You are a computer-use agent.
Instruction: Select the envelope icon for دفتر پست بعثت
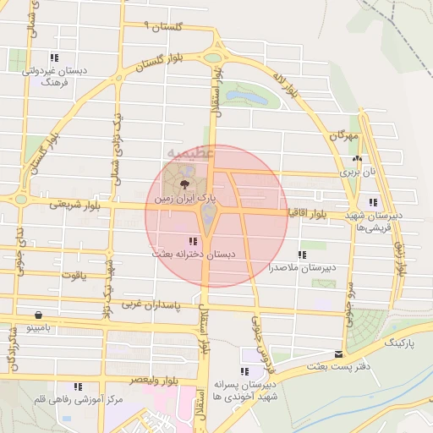tap(339, 354)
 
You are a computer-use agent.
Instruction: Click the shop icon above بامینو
tap(37, 314)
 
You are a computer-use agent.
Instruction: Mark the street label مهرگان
tap(344, 135)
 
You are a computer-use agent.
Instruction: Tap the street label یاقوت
tap(74, 276)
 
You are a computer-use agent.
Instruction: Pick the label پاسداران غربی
tap(152, 302)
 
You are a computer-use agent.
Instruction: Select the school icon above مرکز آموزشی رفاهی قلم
tap(78, 386)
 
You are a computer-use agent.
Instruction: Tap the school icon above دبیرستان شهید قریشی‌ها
tap(373, 203)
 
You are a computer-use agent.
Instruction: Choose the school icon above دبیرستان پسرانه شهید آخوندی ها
tap(244, 371)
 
